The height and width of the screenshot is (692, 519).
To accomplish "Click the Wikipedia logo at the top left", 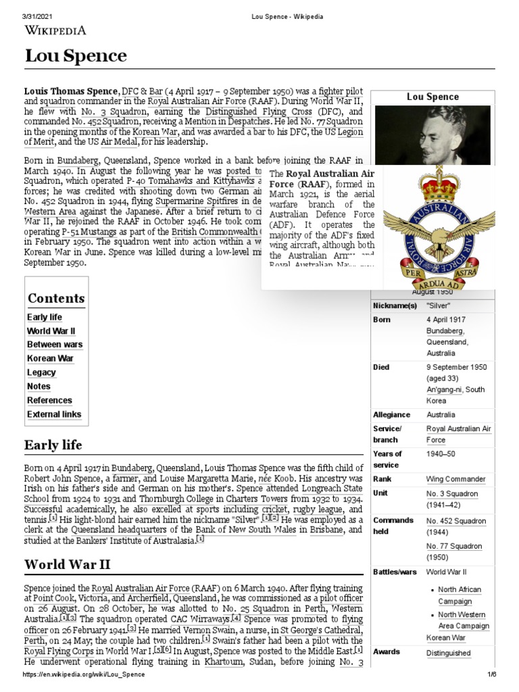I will (x=55, y=30).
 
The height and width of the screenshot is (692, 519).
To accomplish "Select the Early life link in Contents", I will (x=45, y=317).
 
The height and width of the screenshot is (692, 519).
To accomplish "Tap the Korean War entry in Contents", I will (x=50, y=358).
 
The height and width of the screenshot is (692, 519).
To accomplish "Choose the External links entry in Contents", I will (x=54, y=414).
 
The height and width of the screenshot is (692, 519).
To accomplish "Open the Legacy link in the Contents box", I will (x=41, y=372).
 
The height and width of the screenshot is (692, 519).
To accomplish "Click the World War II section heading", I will (x=67, y=564).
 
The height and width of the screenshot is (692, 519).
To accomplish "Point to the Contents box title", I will (x=56, y=298).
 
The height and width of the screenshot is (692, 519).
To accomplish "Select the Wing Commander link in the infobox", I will (x=455, y=479).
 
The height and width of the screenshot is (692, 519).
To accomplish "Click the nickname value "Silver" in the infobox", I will (x=438, y=305).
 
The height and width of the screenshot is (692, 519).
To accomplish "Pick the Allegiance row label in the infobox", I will (x=392, y=414).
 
